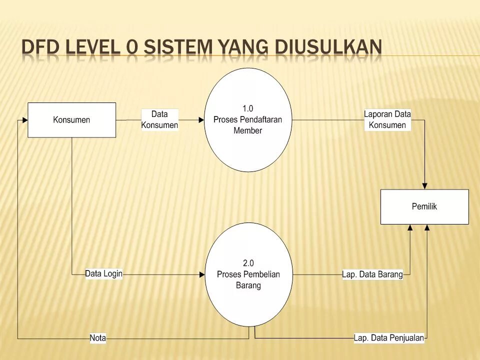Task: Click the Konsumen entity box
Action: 71,120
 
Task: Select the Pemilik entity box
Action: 424,206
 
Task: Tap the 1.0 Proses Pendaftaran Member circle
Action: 248,120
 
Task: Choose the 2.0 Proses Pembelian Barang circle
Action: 248,274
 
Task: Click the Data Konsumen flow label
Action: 159,120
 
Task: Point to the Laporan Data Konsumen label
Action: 387,120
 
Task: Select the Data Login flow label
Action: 103,274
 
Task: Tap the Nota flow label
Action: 98,338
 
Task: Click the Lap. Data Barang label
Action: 372,274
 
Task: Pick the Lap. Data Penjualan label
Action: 389,338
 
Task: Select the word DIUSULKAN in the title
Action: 329,47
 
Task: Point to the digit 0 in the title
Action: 132,47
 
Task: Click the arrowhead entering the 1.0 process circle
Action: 201,120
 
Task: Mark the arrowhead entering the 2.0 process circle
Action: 202,274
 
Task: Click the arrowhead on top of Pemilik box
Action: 424,186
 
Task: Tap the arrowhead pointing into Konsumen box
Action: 24,120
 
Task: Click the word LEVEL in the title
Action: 92,47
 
